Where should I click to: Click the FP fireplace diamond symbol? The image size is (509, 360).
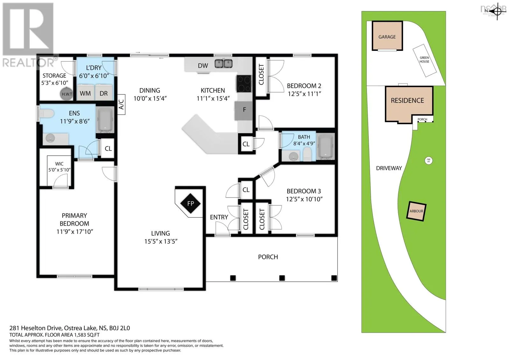pos(190,203)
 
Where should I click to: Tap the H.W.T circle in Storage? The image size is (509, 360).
pos(67,94)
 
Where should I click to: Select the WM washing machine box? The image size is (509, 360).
pos(85,93)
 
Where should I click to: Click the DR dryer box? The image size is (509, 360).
pos(104,93)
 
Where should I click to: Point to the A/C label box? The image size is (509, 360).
pos(122,104)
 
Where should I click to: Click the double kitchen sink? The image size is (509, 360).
pos(223,64)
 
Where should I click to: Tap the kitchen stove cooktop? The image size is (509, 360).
pos(244,84)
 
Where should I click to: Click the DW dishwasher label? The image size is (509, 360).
pos(203,66)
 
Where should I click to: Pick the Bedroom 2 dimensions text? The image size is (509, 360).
pos(304,94)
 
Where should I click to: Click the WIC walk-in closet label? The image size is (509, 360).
pos(59,164)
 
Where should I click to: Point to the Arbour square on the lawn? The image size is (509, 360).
pos(416,211)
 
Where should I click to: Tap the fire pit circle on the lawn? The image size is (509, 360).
pos(429,160)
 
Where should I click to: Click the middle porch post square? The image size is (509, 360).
pos(282,278)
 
